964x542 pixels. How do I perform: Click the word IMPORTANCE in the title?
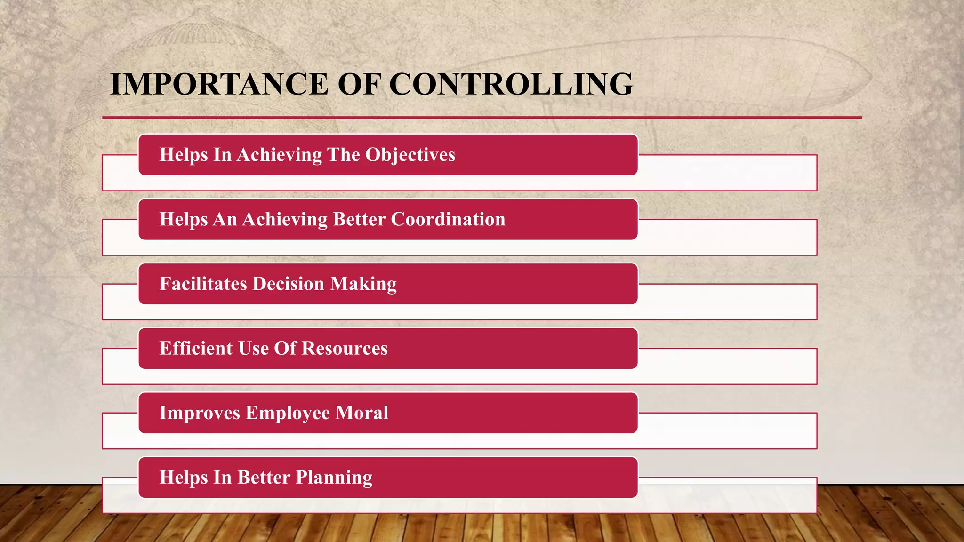point(219,84)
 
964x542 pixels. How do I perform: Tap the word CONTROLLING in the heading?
point(511,84)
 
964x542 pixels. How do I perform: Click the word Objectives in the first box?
point(410,155)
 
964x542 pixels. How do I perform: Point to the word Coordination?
point(448,219)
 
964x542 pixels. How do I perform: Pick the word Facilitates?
point(203,284)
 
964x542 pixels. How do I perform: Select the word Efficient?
point(196,348)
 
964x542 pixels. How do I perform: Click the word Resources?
point(345,348)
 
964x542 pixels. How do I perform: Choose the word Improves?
point(200,413)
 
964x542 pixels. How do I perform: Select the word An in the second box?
point(225,219)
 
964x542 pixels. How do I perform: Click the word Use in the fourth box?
point(253,348)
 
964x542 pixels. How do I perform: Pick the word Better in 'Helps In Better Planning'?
point(264,477)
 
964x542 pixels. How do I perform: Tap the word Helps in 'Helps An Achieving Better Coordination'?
point(184,220)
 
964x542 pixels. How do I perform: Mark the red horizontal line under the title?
point(482,117)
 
